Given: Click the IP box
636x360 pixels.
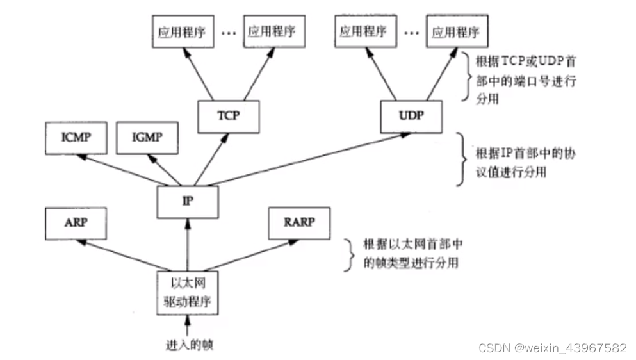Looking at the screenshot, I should pos(188,200).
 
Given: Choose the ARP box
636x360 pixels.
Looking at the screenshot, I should pos(76,224).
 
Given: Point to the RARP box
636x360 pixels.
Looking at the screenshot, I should pos(300,224).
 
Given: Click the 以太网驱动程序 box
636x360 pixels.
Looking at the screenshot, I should pos(187,292).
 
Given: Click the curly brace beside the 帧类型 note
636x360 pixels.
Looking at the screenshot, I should pos(348,254).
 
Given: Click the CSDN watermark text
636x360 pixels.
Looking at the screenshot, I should pos(552,348).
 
